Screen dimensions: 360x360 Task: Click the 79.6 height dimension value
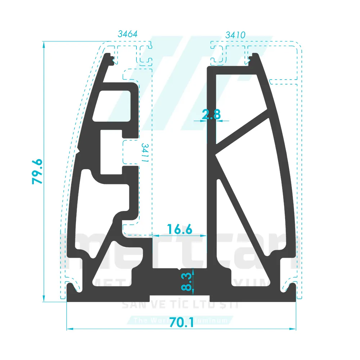click(x=37, y=172)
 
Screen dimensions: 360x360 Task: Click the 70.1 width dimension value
click(x=181, y=321)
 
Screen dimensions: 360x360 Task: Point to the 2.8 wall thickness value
click(x=211, y=115)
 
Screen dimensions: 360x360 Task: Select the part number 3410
click(x=235, y=35)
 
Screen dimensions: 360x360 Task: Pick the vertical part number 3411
click(x=145, y=153)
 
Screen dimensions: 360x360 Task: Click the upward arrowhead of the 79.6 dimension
click(x=44, y=44)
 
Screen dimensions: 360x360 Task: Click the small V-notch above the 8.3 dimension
click(x=180, y=269)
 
